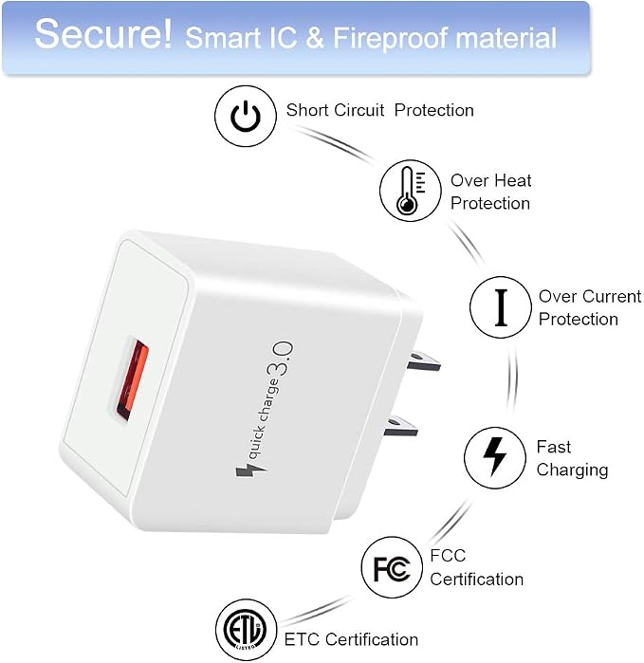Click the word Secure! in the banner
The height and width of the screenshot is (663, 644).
click(x=103, y=34)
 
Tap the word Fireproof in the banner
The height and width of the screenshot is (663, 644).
click(x=390, y=38)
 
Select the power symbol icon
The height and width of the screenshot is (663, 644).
click(x=246, y=117)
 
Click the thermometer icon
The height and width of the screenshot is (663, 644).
click(x=410, y=191)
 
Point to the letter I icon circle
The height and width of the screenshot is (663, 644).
click(x=501, y=307)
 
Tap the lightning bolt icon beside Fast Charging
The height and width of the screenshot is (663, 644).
click(x=495, y=457)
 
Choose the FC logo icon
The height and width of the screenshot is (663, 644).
click(x=392, y=567)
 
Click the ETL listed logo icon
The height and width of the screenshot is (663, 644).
click(x=246, y=630)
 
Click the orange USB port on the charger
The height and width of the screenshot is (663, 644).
click(x=133, y=382)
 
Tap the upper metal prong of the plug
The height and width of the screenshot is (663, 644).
click(x=423, y=360)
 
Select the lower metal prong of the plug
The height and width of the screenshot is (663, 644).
click(x=400, y=425)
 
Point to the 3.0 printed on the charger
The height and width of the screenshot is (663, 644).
click(x=280, y=359)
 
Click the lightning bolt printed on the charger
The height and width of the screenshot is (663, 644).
click(x=250, y=470)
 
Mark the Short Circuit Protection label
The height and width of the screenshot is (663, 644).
click(x=379, y=110)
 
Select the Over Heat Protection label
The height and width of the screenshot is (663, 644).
click(x=490, y=192)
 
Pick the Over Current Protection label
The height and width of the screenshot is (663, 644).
click(x=590, y=308)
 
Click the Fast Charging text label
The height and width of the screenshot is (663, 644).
click(x=572, y=459)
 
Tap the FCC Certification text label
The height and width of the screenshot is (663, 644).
click(x=476, y=567)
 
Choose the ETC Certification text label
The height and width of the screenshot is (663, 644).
click(x=351, y=639)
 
